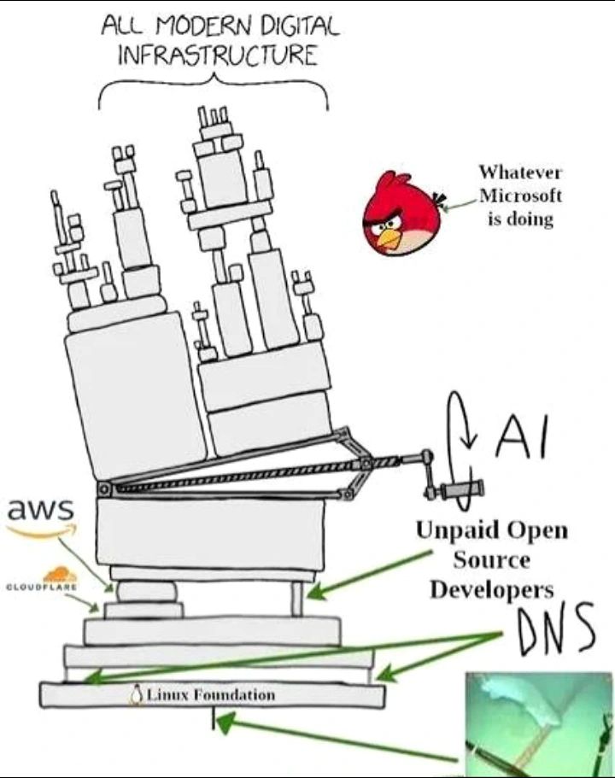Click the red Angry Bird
click(x=398, y=213)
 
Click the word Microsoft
click(x=520, y=195)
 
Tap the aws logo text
click(x=40, y=511)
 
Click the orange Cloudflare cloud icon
click(x=59, y=575)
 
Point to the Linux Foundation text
click(x=210, y=694)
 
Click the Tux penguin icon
click(x=135, y=695)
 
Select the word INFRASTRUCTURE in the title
click(x=217, y=56)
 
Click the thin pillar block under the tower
click(x=296, y=597)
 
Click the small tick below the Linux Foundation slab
click(x=214, y=719)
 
